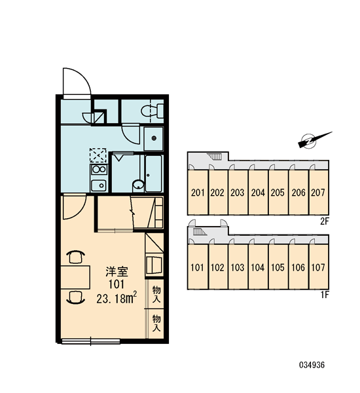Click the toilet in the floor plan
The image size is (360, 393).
[153, 111]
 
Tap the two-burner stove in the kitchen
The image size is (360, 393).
[99, 170]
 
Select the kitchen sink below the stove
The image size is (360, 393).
[99, 185]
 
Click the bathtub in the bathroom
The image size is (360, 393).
[153, 174]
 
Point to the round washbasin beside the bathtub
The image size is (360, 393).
[138, 185]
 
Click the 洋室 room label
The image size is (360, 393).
[117, 272]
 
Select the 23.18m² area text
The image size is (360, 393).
[117, 298]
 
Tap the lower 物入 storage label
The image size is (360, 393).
[156, 323]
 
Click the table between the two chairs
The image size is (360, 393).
[75, 278]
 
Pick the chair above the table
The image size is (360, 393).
[75, 257]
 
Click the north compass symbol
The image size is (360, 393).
[314, 140]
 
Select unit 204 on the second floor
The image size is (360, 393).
[258, 193]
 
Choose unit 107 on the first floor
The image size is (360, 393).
[318, 267]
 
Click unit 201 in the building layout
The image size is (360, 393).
[198, 193]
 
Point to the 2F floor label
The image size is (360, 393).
[324, 221]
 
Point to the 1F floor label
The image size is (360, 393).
[324, 295]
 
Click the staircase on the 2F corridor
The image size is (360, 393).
[214, 157]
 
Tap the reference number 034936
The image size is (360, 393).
[312, 365]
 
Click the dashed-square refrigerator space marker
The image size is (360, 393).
[98, 155]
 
